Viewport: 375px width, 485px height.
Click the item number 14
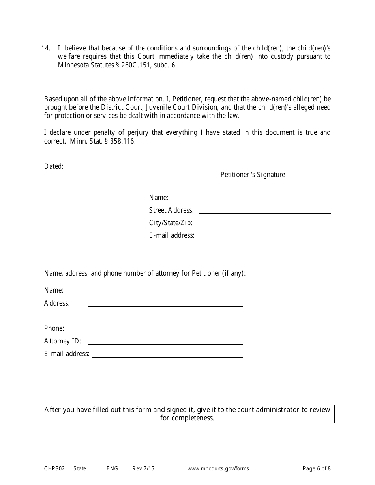coord(45,48)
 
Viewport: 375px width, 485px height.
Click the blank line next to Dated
coord(111,167)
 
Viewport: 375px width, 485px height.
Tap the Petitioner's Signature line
coord(253,168)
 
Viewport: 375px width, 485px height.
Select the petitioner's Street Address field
coord(264,211)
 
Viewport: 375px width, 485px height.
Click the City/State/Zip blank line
coord(264,223)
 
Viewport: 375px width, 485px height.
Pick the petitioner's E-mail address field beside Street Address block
coord(264,236)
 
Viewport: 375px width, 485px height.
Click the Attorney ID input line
coord(165,341)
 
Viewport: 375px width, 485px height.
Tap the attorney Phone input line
coord(165,329)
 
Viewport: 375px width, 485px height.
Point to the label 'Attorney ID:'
coord(63,341)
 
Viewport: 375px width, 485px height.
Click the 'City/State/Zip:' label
coord(171,223)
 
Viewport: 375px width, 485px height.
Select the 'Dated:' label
coord(54,166)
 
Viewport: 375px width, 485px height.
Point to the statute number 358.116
coord(123,141)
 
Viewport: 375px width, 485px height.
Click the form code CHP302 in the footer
coord(53,469)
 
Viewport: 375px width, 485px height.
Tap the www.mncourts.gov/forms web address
coord(218,469)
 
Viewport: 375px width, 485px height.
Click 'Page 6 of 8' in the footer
coord(317,469)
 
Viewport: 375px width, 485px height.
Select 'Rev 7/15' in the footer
coord(143,469)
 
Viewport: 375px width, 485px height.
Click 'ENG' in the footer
coord(112,469)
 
